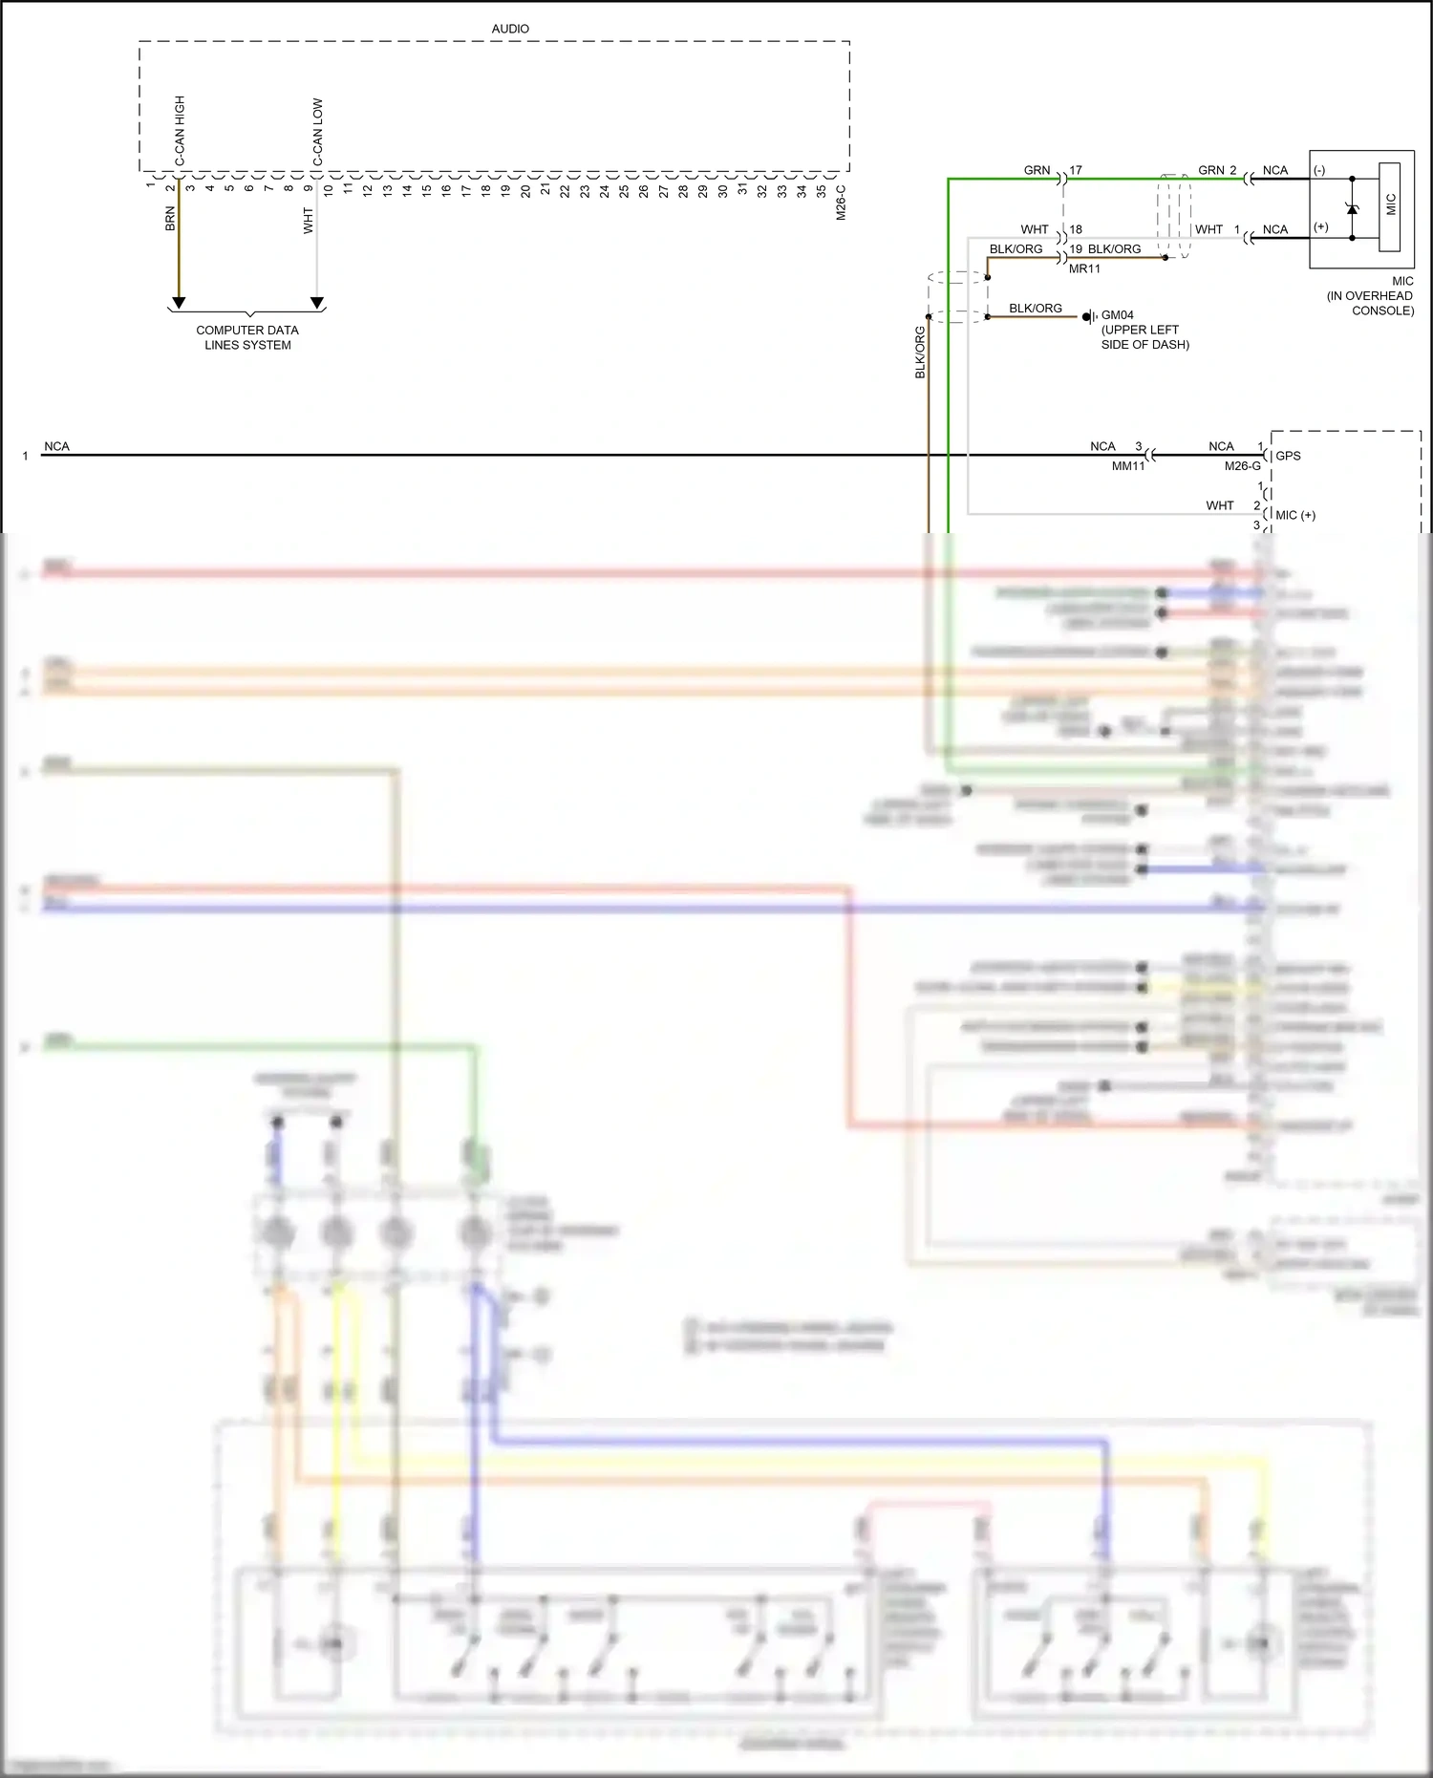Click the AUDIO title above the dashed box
510,29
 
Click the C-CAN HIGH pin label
180,130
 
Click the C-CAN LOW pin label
317,132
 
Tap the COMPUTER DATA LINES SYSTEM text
247,337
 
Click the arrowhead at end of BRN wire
178,303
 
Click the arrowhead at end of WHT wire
317,303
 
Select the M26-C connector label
841,203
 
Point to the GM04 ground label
1117,314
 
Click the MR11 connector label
1084,268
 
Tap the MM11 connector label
1127,466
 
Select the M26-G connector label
1242,466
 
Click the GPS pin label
1288,456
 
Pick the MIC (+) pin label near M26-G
1295,515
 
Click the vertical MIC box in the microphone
1390,205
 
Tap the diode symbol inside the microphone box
1352,207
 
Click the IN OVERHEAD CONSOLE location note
1369,303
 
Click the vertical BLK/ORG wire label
920,352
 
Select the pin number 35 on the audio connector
821,190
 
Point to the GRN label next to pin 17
1037,170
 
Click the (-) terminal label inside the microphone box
1319,171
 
